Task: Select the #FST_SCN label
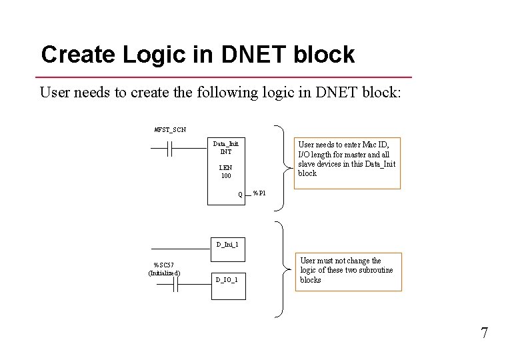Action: [170, 129]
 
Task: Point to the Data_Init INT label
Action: [225, 147]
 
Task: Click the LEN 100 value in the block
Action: [225, 171]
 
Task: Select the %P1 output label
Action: [260, 194]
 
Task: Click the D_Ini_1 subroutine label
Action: [227, 244]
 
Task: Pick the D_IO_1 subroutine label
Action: [226, 279]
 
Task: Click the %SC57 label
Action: [164, 265]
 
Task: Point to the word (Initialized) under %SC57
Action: [164, 273]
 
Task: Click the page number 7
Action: [484, 333]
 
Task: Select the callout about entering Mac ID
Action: [348, 159]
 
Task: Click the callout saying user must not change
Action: [349, 271]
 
